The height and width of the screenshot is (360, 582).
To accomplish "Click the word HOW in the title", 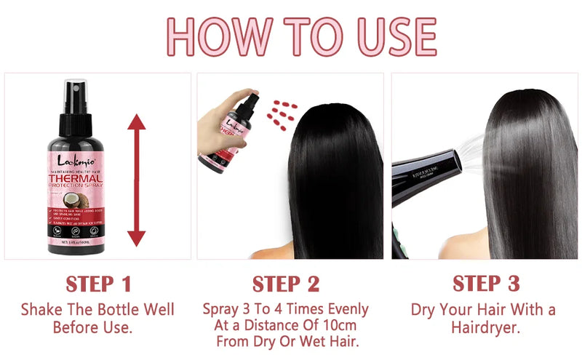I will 214,35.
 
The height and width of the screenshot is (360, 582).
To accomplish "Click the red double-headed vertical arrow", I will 137,180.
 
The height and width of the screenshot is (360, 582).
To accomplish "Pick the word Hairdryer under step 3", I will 485,327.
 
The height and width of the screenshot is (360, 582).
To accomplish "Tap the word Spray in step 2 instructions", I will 222,309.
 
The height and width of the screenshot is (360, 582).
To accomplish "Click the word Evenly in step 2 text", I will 345,309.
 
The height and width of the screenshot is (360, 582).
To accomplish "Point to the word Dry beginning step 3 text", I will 425,309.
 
